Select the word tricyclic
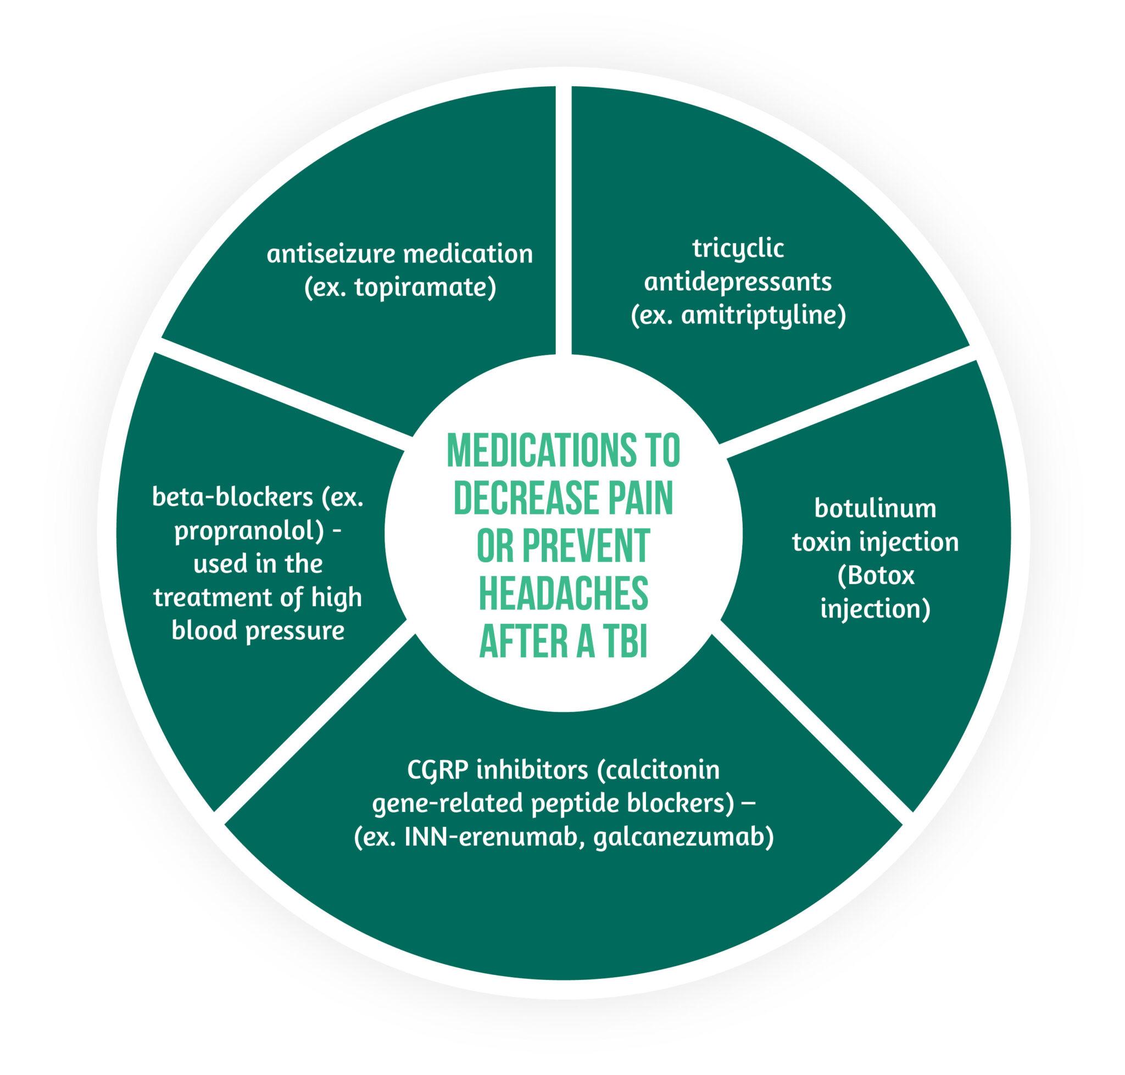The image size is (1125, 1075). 737,248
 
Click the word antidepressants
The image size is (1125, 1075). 737,282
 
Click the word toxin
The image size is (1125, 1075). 821,541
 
